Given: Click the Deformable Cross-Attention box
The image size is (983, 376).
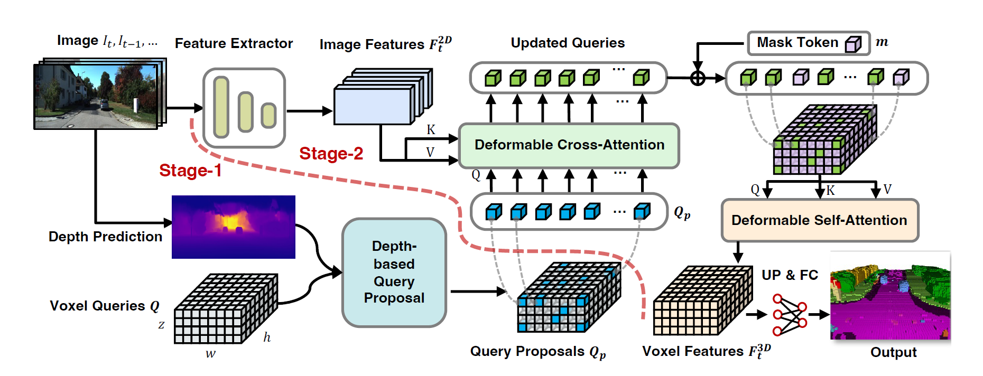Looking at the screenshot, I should (569, 145).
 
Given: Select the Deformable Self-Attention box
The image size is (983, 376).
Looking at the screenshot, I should (819, 220).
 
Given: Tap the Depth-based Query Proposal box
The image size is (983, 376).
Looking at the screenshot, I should (394, 272).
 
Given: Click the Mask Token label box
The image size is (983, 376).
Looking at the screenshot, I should (808, 43).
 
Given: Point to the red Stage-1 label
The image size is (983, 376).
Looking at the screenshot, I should (190, 171).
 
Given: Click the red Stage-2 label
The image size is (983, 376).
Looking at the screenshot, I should (331, 154).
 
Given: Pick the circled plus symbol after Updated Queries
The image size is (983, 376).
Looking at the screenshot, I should (698, 78).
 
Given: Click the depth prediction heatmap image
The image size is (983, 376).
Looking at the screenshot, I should (233, 227).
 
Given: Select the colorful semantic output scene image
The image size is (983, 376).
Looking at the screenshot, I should (890, 296).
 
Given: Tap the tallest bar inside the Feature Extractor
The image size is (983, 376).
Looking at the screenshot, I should (221, 107).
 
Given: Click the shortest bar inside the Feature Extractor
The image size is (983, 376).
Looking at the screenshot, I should (268, 116).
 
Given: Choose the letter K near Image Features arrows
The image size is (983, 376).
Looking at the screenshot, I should (431, 130).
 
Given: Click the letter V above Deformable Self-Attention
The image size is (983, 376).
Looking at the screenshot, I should (887, 189).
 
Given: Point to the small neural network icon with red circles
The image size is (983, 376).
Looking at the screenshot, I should (790, 315).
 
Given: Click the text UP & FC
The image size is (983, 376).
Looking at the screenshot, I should (790, 275).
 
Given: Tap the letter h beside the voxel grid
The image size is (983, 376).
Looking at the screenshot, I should (267, 337).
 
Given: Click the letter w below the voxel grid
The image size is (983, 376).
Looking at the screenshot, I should (210, 354).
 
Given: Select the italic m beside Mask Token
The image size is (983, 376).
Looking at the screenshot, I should (882, 42).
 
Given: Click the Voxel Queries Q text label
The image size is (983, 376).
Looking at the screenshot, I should (104, 306).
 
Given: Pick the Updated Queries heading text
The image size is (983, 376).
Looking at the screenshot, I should (568, 43).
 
